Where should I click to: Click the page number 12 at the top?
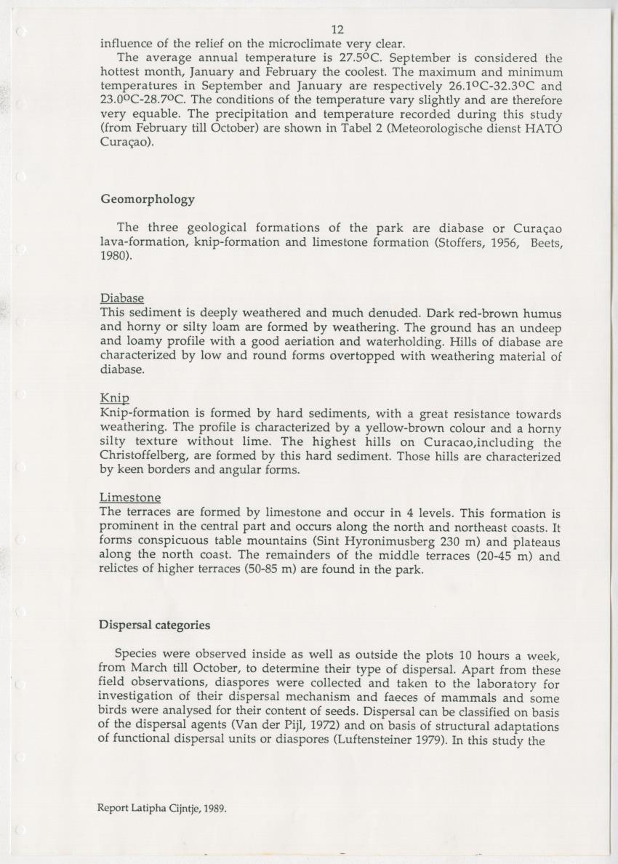click(x=337, y=30)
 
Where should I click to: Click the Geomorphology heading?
click(x=147, y=199)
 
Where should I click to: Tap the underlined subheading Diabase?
click(x=121, y=298)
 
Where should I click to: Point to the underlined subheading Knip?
click(x=114, y=399)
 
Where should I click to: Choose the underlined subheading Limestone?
click(x=129, y=497)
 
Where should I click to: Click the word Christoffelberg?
click(x=149, y=457)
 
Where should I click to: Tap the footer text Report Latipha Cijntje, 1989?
click(x=162, y=807)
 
